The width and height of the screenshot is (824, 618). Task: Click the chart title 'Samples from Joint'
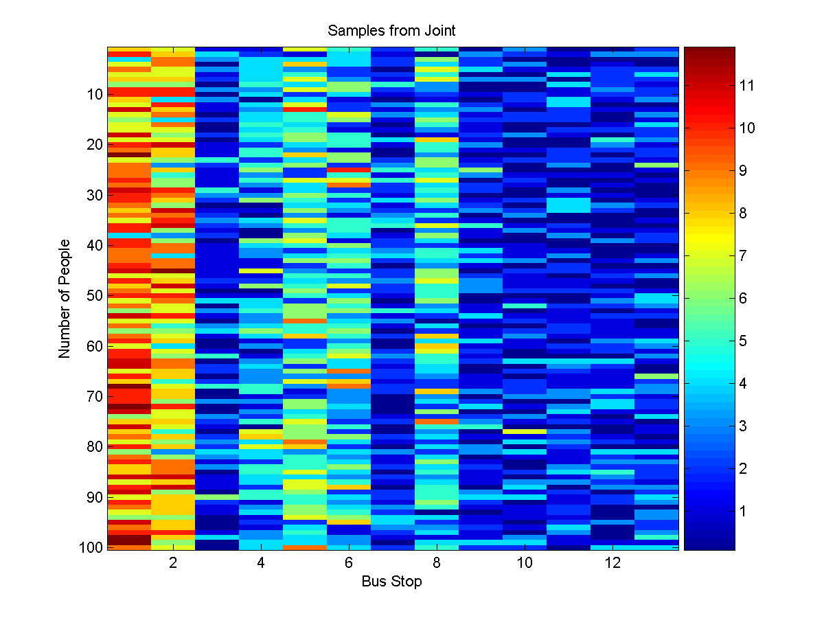pos(391,31)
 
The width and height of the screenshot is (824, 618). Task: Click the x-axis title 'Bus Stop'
pos(391,582)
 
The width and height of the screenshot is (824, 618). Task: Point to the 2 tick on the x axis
pos(173,563)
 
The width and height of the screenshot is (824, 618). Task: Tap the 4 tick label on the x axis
pos(261,563)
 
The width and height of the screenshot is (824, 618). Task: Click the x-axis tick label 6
pos(349,563)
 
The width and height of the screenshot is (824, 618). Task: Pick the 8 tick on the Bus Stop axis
pos(437,563)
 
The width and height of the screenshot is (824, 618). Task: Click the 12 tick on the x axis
pos(613,563)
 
